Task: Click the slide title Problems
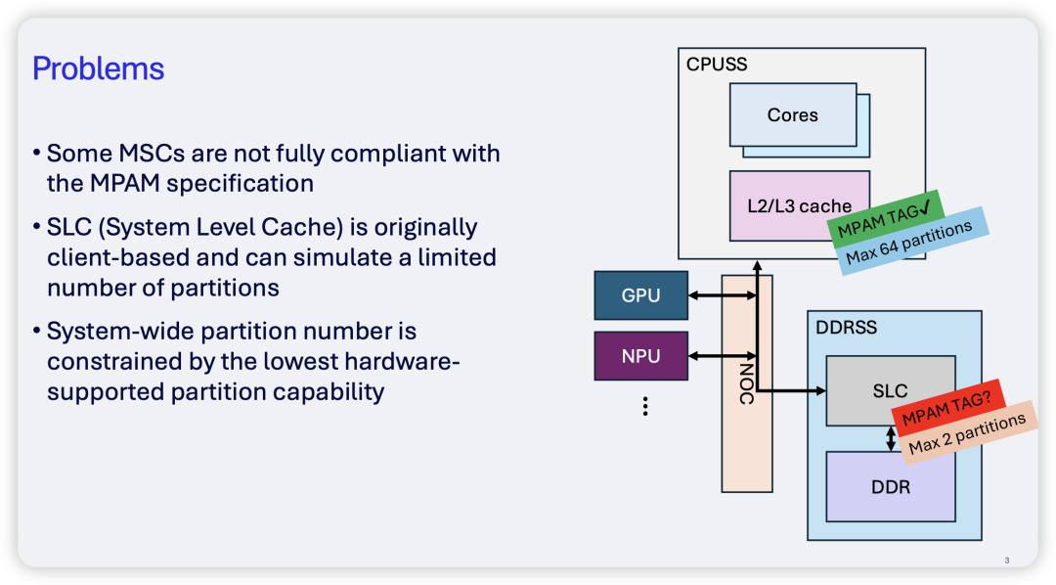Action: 98,69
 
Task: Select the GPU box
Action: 640,295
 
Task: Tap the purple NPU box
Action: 640,356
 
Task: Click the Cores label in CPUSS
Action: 792,115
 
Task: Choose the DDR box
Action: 890,486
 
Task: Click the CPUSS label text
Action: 717,65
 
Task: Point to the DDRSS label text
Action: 847,328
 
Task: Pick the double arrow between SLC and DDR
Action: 891,437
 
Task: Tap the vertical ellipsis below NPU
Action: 645,406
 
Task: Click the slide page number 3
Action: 1007,561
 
